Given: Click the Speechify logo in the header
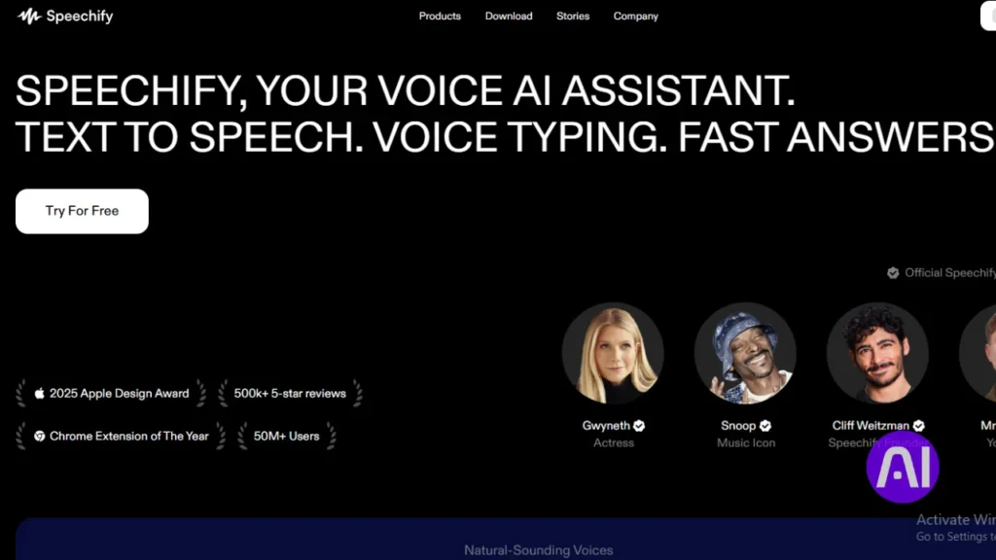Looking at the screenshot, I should coord(65,17).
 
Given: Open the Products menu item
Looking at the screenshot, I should coord(440,17).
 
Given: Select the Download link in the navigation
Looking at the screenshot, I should coord(509,17).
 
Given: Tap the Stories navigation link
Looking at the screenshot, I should coord(573,17).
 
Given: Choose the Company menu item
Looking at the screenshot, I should coord(636,17).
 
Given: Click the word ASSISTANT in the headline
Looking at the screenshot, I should coord(678,91).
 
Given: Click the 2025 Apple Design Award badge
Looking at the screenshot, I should coord(111,394).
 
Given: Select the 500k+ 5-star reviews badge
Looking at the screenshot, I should coord(290,394).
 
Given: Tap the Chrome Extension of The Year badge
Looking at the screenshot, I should coord(121,437).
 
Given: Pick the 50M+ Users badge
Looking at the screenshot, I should coord(286,437).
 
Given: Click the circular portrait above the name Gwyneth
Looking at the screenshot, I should coord(613,353).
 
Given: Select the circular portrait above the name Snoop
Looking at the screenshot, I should coord(745,353).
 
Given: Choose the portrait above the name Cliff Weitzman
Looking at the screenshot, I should coord(877,353).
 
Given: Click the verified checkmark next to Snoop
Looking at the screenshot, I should coord(765,426).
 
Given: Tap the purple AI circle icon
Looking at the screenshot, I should coord(902,469).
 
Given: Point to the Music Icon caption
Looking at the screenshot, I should coord(746,443).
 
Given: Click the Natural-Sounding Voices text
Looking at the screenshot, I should coord(538,550).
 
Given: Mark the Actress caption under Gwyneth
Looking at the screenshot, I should coord(614,443).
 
